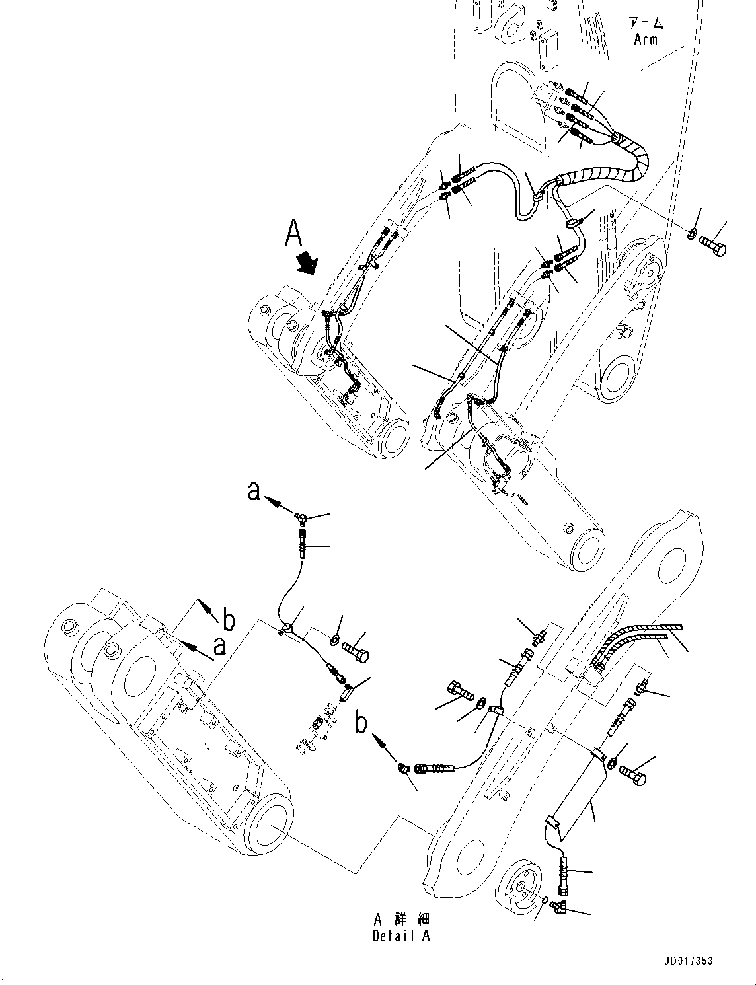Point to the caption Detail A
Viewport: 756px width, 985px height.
click(400, 936)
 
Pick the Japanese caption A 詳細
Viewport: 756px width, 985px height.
click(401, 920)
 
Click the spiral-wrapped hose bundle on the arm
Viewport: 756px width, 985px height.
click(631, 159)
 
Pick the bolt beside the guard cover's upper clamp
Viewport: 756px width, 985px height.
click(632, 777)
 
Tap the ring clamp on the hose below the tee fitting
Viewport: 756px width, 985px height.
click(285, 630)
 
